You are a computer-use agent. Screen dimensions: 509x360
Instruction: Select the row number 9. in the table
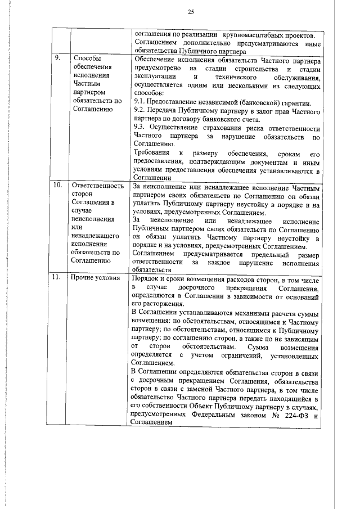[58, 58]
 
